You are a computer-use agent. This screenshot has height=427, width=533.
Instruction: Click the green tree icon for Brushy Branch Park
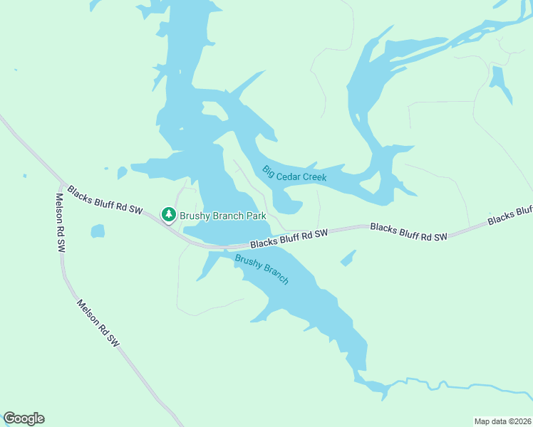point(168,214)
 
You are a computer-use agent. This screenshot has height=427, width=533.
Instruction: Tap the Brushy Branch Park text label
point(223,216)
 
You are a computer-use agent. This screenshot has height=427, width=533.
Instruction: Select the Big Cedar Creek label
point(294,173)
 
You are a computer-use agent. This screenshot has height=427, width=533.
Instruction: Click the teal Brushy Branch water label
point(262,270)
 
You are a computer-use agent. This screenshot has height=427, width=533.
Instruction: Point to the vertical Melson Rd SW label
point(61,222)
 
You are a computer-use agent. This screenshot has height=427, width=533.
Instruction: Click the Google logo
point(24,418)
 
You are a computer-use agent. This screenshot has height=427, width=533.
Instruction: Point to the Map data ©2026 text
point(502,421)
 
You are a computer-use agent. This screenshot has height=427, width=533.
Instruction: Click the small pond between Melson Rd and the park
point(98,231)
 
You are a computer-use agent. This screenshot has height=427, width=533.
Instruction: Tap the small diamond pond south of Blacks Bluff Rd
point(348,258)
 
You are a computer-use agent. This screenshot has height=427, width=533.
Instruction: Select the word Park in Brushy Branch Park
point(257,216)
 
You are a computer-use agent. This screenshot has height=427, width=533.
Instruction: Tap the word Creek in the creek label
point(314,176)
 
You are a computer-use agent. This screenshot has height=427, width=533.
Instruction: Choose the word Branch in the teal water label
point(274,274)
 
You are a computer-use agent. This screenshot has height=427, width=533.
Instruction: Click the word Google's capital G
point(10,418)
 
